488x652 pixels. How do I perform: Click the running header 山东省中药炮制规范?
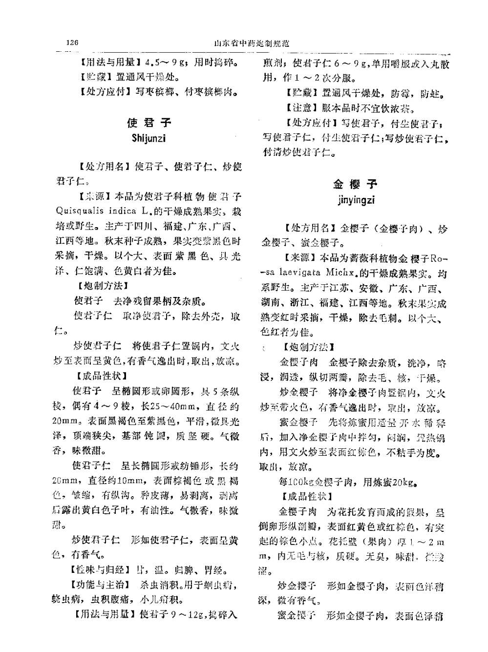[252, 43]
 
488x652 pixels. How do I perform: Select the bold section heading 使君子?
[149, 122]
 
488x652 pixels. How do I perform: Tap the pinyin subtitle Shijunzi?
[149, 138]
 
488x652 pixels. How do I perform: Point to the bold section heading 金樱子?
[355, 184]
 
